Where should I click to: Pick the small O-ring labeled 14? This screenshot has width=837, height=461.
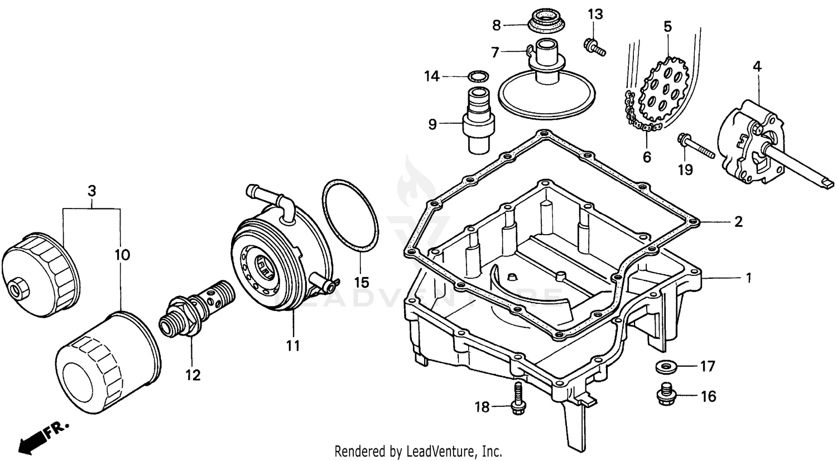476,76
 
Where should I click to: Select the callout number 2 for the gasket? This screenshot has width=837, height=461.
738,222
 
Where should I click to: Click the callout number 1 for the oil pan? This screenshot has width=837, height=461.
748,277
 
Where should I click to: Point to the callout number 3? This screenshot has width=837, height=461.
92,191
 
